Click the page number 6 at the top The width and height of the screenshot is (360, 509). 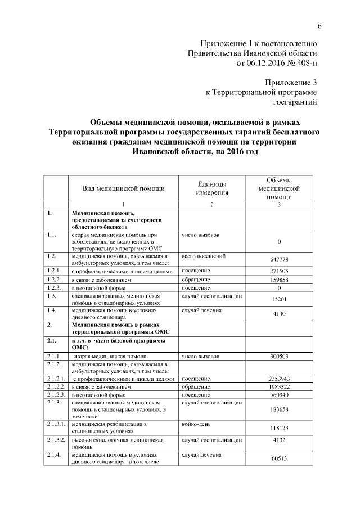point(319,26)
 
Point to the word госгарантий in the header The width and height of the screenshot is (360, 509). point(295,102)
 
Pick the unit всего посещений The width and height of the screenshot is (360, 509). point(204,256)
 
